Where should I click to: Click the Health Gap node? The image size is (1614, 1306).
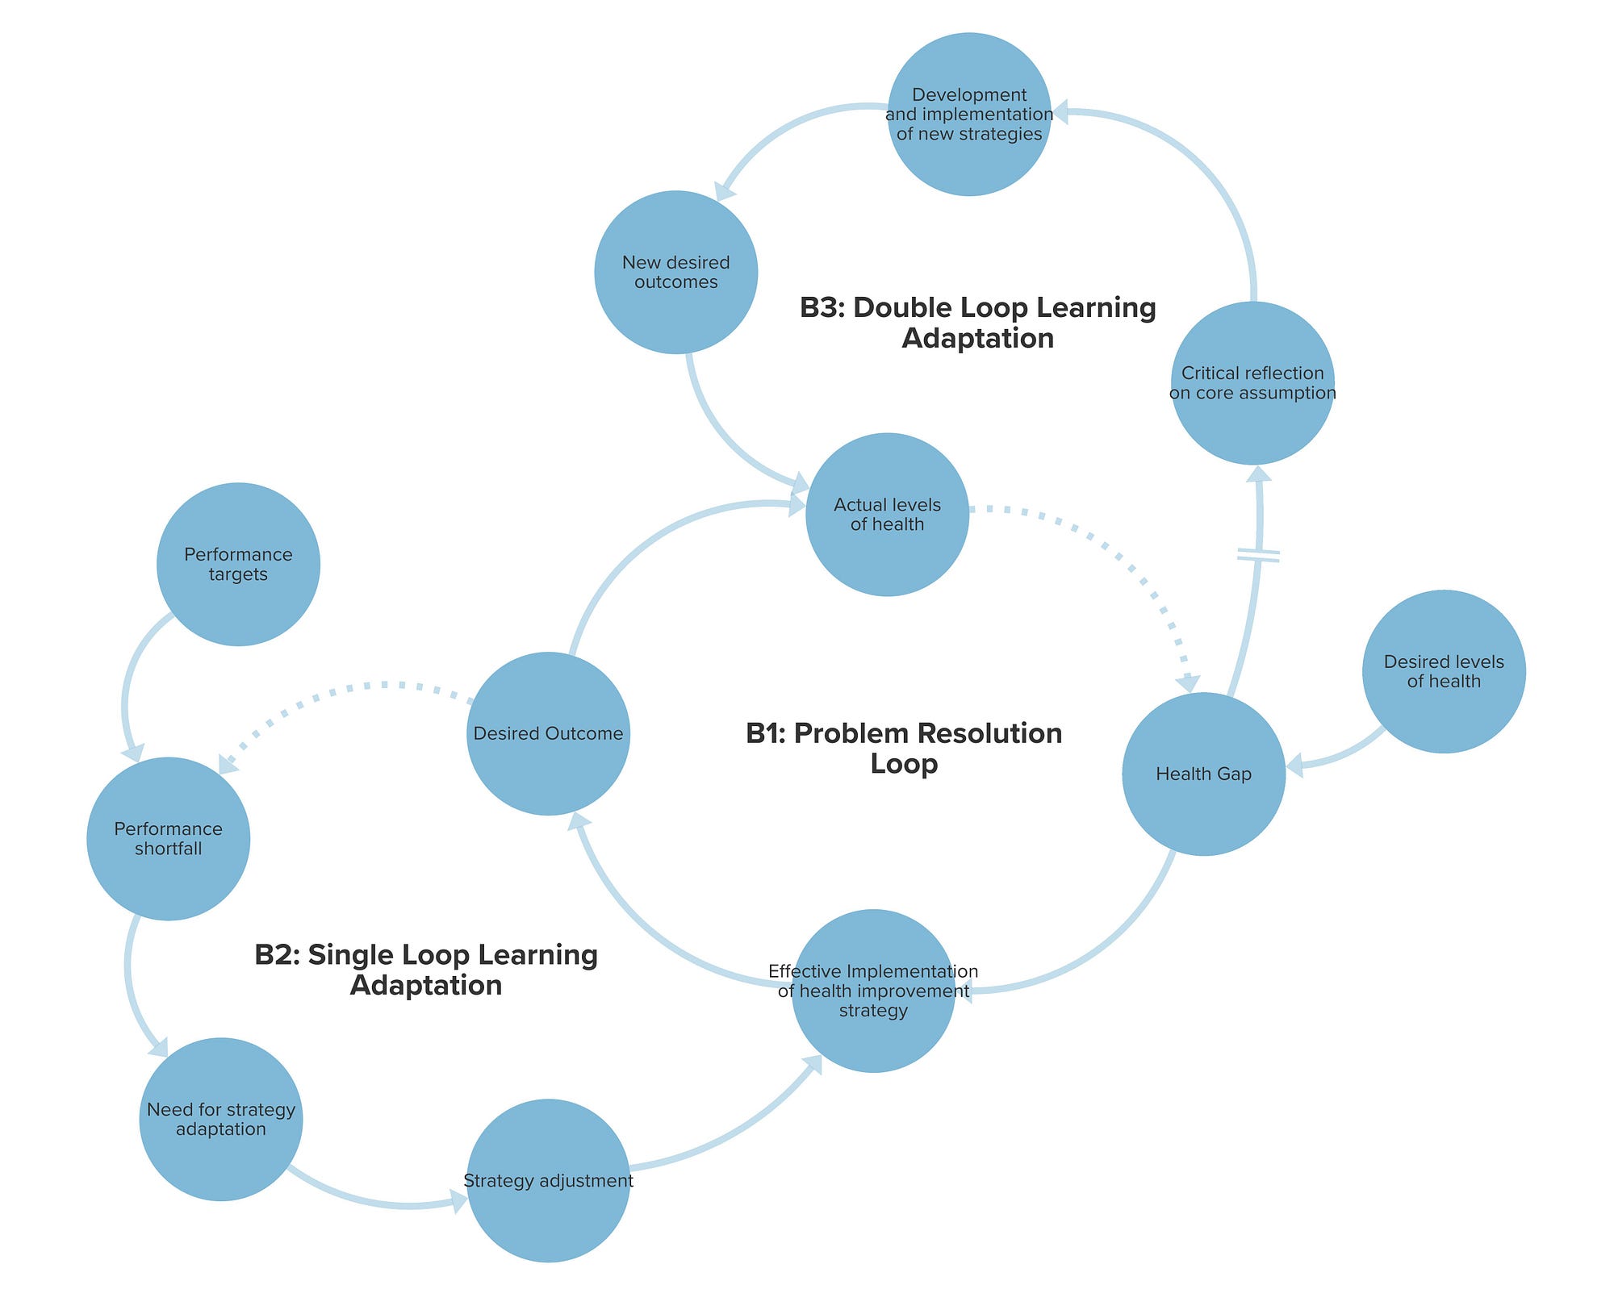coord(1203,774)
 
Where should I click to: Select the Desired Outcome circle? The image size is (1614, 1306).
coord(548,733)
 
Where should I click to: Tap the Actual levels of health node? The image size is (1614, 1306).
coord(887,515)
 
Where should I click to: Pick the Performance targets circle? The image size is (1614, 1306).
coord(238,564)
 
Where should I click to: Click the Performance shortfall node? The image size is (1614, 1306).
coord(168,838)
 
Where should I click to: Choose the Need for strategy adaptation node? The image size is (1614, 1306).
coord(220,1119)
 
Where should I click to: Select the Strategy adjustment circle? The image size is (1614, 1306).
coord(548,1180)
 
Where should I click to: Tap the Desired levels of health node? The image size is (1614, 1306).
coord(1444,671)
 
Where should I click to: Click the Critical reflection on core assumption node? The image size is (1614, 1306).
coord(1252,383)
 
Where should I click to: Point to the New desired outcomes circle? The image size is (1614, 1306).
coord(675,272)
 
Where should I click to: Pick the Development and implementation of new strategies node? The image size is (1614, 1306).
coord(969,114)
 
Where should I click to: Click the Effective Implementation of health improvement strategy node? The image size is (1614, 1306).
coord(873,991)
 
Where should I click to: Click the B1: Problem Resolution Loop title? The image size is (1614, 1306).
coord(904,748)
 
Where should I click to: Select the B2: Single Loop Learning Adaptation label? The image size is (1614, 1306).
coord(426,970)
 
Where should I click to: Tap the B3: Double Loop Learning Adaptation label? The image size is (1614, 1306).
coord(977,322)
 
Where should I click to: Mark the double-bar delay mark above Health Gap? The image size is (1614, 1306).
coord(1258,555)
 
